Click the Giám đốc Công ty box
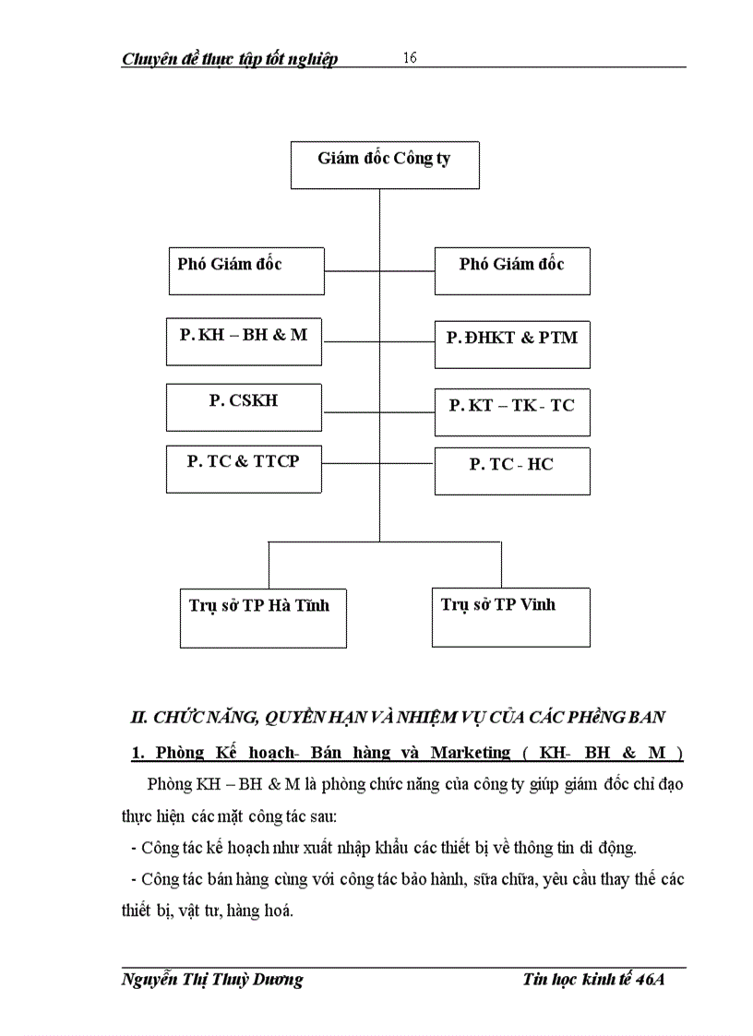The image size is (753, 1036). [384, 165]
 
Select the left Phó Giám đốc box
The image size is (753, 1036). [245, 270]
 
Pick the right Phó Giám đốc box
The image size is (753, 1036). [512, 270]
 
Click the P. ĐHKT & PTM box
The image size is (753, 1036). [512, 344]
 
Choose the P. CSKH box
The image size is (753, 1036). [245, 407]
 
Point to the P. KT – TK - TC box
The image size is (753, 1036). [512, 411]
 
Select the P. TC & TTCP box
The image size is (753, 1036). [245, 468]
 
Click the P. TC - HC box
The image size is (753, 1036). [512, 470]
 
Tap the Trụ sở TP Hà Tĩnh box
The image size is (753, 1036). [262, 616]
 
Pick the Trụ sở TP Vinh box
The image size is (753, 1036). [510, 616]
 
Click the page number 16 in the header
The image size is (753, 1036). [410, 58]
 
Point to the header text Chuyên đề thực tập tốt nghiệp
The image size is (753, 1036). [230, 59]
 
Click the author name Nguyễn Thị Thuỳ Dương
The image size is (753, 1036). [212, 980]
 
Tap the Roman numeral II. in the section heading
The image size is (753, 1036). [140, 717]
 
